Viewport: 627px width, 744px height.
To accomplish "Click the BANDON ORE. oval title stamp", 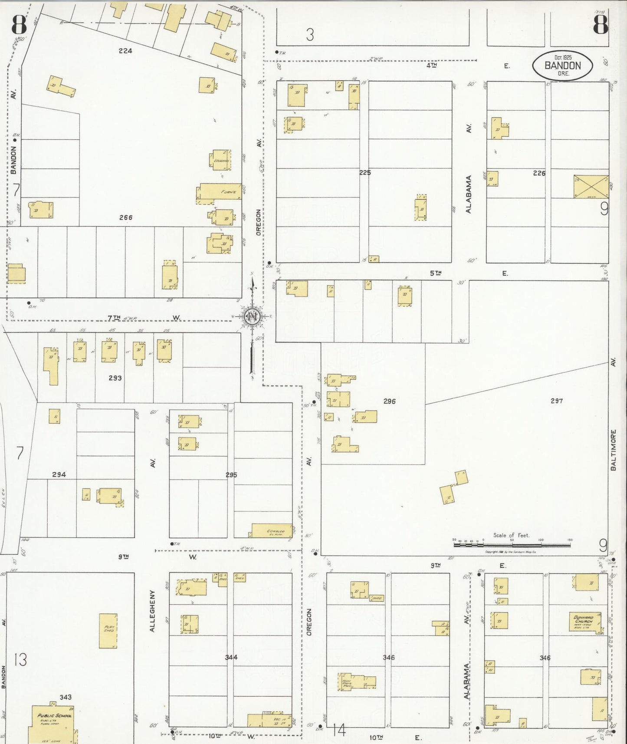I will coord(562,66).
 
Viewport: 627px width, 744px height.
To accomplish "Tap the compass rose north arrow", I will coord(252,317).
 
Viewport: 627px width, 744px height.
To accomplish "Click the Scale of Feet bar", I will coord(512,543).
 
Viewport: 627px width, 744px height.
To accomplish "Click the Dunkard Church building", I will coord(586,622).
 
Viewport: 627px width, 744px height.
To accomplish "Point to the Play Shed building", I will coord(108,631).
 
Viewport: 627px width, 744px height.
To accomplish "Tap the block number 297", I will coord(556,401).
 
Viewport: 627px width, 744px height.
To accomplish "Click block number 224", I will coord(125,51).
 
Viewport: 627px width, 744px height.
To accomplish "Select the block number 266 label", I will coord(126,217).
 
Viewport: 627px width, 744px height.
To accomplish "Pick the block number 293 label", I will coord(115,378).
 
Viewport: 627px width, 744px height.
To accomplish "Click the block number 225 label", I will coord(365,172).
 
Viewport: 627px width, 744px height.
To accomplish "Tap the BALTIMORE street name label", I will coord(614,450).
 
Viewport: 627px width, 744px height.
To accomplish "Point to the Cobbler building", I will coord(272,530).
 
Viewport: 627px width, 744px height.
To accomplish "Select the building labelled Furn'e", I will coord(220,191).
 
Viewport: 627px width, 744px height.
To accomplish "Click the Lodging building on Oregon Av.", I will coord(221,160).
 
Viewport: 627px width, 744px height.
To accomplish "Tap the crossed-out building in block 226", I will coord(591,187).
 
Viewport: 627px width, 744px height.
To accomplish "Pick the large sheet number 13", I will coord(20,660).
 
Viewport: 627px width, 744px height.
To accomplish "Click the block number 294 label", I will coord(59,474).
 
